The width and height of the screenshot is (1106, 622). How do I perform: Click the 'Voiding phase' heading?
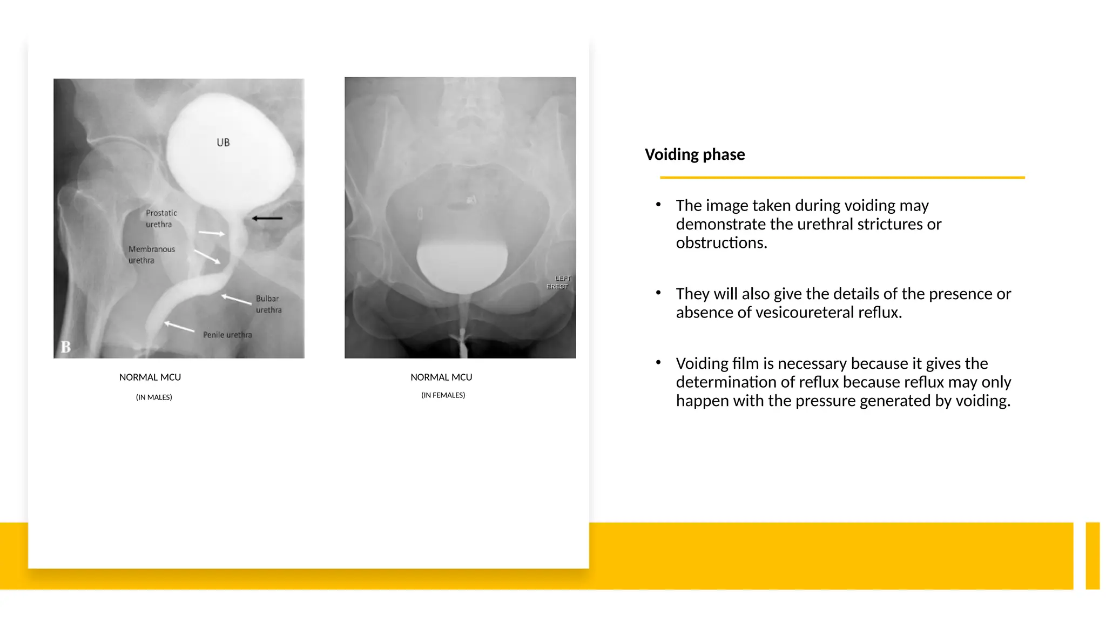click(694, 154)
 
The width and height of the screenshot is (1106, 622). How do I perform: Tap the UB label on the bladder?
click(223, 143)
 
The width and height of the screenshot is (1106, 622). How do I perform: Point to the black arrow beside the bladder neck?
click(267, 218)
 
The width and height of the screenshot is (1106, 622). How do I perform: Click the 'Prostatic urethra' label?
click(161, 219)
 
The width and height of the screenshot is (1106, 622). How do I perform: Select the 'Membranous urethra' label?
click(151, 254)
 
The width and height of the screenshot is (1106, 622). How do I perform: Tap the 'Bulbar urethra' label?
click(268, 304)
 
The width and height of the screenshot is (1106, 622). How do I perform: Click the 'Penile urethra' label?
click(227, 335)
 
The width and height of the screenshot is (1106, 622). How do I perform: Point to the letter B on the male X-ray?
click(66, 347)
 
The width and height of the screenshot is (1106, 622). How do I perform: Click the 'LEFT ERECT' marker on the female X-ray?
click(558, 282)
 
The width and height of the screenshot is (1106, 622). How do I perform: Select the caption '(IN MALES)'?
click(154, 397)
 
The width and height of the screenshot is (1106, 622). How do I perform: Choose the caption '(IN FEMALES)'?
click(443, 395)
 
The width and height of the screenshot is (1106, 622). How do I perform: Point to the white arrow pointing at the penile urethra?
click(179, 326)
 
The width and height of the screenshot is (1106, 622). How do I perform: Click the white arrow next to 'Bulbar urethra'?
click(236, 299)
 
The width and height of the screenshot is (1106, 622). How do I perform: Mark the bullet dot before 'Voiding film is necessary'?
click(658, 362)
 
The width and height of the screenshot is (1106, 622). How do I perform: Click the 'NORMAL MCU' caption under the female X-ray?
click(441, 377)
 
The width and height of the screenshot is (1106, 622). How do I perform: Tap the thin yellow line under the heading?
click(842, 177)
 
